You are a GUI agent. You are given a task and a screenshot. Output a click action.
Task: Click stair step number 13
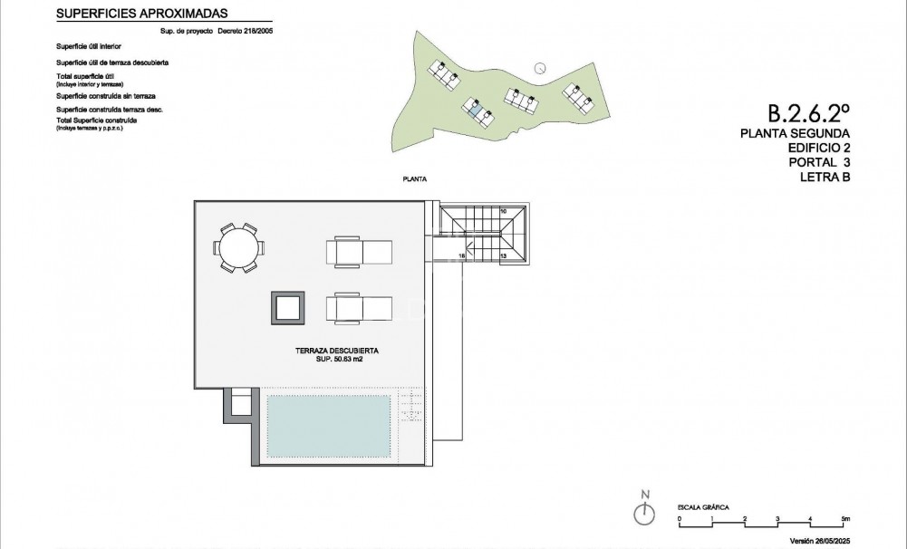pyautogui.click(x=503, y=257)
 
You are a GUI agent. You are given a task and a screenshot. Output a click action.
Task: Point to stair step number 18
pyautogui.click(x=462, y=257)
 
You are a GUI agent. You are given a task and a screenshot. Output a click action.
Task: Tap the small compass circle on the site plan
pyautogui.click(x=540, y=67)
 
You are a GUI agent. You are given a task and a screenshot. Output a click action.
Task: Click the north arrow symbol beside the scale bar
pyautogui.click(x=645, y=513)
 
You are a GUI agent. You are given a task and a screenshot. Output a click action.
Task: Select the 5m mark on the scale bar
pyautogui.click(x=844, y=520)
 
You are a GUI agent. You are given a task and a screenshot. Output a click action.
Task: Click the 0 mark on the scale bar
pyautogui.click(x=680, y=520)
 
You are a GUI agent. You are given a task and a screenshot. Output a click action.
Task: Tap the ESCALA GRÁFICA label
pyautogui.click(x=703, y=508)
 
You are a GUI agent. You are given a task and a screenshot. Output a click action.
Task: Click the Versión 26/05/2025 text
pyautogui.click(x=845, y=541)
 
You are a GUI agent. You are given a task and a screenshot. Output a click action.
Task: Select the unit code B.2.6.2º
pyautogui.click(x=808, y=114)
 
